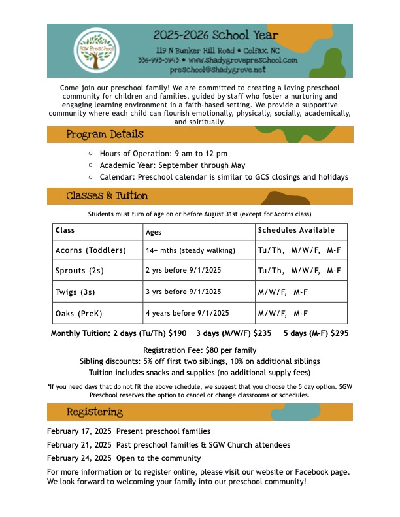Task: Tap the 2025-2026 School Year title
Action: pyautogui.click(x=216, y=35)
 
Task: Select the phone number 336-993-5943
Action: pyautogui.click(x=158, y=59)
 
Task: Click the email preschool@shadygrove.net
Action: pyautogui.click(x=218, y=69)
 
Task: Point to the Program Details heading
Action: pyautogui.click(x=105, y=135)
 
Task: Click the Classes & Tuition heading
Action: pyautogui.click(x=107, y=196)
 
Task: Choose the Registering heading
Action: pyautogui.click(x=95, y=412)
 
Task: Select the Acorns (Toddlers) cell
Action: pyautogui.click(x=88, y=250)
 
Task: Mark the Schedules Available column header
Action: pyautogui.click(x=296, y=230)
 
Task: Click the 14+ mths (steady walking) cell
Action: pyautogui.click(x=186, y=250)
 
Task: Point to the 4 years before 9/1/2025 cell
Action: pyautogui.click(x=187, y=313)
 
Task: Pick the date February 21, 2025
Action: pyautogui.click(x=79, y=445)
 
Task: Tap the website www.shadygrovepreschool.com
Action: pyautogui.click(x=242, y=59)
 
